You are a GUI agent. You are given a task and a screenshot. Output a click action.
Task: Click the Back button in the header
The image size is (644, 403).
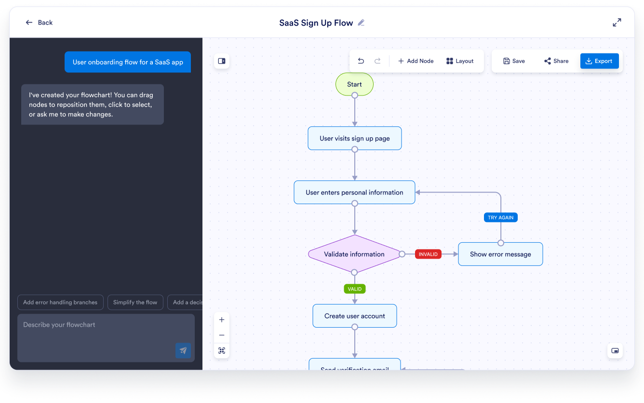39,23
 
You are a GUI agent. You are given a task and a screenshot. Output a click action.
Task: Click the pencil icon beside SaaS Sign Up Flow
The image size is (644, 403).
361,23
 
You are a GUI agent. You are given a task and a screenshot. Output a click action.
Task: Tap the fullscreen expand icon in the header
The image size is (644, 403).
617,23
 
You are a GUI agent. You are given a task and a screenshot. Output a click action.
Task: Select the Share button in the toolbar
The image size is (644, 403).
556,61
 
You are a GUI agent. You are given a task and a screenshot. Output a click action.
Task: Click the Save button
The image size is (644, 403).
514,61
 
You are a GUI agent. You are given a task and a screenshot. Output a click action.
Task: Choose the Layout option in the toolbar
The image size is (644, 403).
460,61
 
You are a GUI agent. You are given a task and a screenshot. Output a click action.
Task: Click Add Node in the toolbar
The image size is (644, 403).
416,61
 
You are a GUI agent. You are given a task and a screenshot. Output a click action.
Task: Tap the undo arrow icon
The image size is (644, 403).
361,61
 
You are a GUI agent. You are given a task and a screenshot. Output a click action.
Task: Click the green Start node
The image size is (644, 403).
354,84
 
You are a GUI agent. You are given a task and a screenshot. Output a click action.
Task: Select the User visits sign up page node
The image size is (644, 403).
354,139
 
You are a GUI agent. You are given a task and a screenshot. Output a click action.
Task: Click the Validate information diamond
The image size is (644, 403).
354,254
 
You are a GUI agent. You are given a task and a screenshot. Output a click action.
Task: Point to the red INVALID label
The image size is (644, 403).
428,254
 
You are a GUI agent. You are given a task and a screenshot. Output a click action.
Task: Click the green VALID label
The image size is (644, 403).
354,289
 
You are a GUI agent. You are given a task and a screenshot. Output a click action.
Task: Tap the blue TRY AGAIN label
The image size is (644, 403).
500,218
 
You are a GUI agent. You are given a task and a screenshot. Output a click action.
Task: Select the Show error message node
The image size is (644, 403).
500,254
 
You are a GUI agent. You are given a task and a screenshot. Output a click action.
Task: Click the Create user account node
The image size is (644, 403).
354,316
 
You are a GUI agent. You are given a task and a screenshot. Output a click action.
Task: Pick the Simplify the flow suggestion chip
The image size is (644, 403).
135,303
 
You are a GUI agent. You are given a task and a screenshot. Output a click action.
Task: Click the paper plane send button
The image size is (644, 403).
183,351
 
